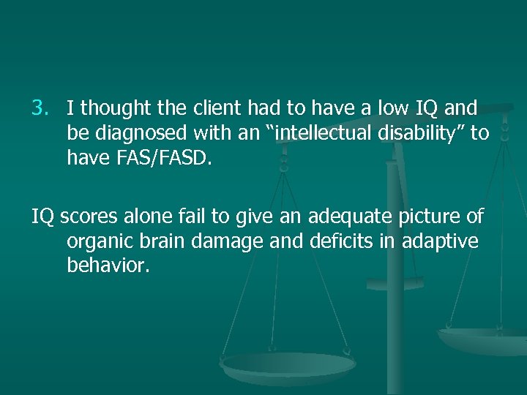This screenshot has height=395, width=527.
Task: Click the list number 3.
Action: point(38,109)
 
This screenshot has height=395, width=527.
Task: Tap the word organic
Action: point(95,242)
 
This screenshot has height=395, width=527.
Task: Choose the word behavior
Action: point(108,265)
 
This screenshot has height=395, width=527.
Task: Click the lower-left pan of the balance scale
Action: point(288,366)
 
